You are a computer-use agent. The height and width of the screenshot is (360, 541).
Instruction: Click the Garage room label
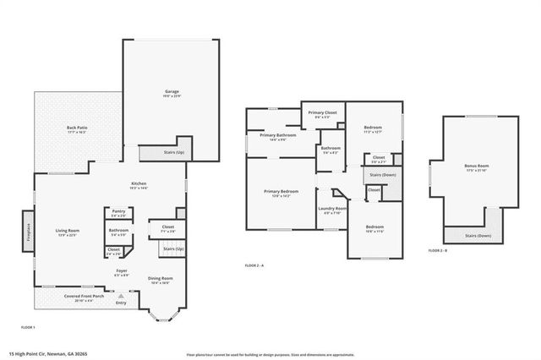[172, 92]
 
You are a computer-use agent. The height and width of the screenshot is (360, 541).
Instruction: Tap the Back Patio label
[77, 129]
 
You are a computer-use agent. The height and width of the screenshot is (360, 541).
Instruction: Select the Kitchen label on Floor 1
[139, 185]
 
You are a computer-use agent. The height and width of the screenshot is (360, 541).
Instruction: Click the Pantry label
[118, 215]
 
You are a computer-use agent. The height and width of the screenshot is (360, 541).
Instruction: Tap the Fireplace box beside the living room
[28, 232]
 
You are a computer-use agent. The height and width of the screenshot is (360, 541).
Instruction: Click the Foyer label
[123, 272]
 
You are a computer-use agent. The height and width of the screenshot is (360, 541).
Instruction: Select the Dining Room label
[161, 280]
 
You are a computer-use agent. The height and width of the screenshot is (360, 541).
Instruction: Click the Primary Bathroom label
[278, 137]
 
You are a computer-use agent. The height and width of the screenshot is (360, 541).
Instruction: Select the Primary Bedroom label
[281, 193]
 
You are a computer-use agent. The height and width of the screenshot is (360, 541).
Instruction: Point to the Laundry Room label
[332, 210]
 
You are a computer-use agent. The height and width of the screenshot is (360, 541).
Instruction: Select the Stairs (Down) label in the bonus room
[478, 236]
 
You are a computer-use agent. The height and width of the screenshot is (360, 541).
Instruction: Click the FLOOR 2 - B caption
[436, 251]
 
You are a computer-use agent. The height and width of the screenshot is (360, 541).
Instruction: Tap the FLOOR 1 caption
[28, 326]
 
